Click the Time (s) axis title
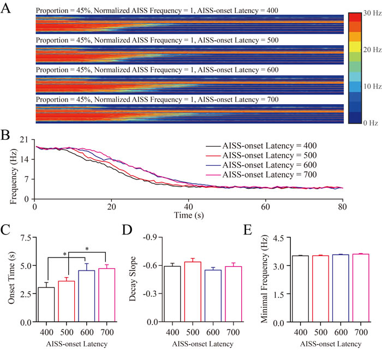click(188, 215)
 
